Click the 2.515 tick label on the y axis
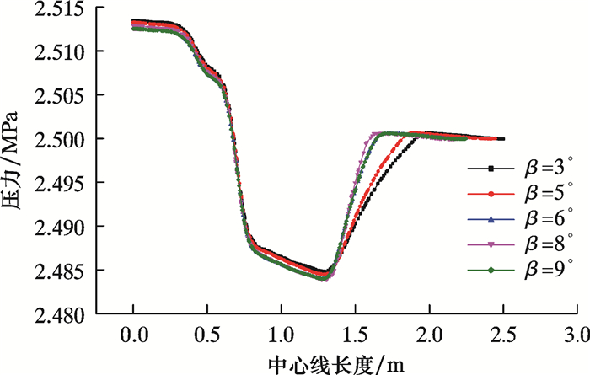tap(60, 8)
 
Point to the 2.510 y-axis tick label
tap(60, 52)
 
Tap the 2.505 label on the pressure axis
tap(60, 96)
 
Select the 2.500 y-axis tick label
tap(60, 140)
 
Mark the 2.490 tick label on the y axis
tap(60, 228)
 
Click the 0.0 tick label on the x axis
tap(134, 335)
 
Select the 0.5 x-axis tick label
tap(207, 335)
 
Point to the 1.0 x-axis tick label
tap(282, 335)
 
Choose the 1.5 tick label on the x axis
tap(356, 335)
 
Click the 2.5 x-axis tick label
tap(504, 335)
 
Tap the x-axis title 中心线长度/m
tap(336, 365)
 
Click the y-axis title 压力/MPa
tap(10, 161)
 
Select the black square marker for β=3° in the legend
tap(491, 169)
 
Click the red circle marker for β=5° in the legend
tap(491, 194)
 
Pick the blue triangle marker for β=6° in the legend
tap(491, 219)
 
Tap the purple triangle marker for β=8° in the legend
tap(491, 245)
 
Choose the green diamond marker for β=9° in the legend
tap(491, 270)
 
